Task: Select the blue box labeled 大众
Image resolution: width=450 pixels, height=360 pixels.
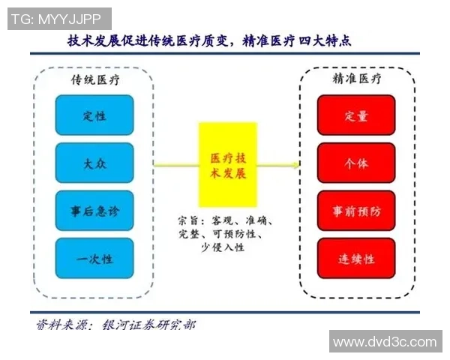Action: [94, 163]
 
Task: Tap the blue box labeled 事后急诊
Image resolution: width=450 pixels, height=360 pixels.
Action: [94, 211]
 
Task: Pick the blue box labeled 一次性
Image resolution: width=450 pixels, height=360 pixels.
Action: [94, 259]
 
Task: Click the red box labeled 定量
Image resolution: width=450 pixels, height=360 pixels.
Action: [356, 115]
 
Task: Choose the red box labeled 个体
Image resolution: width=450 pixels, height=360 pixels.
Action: [356, 163]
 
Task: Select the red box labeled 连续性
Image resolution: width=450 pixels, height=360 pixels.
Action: [356, 259]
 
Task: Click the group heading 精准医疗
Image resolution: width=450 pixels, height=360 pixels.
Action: [357, 78]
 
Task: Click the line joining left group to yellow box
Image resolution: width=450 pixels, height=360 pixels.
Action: [175, 164]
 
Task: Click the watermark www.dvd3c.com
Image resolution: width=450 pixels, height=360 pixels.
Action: [385, 342]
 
